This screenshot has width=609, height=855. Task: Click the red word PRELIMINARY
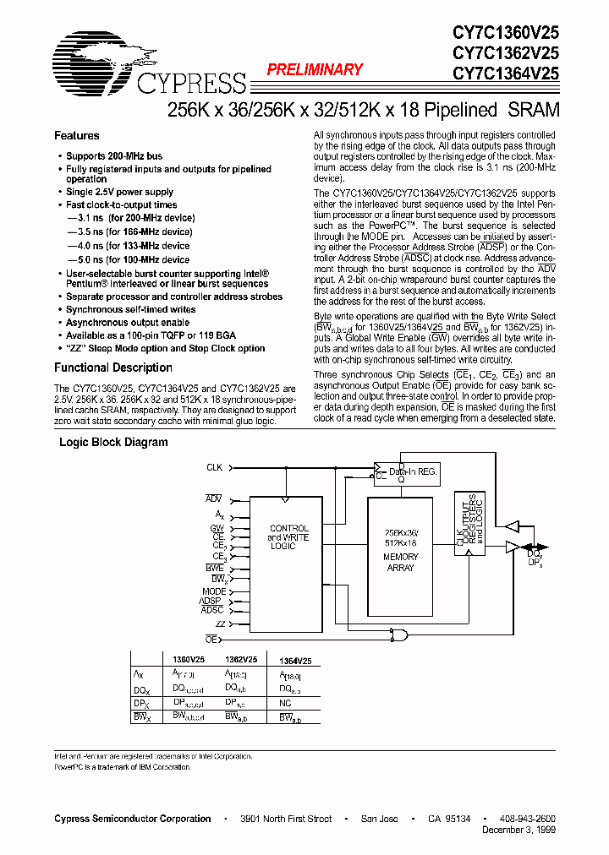[315, 70]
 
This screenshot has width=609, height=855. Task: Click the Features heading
[77, 136]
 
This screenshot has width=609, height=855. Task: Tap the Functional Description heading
[113, 368]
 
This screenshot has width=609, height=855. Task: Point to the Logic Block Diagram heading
[113, 443]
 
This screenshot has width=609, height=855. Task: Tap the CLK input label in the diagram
[215, 467]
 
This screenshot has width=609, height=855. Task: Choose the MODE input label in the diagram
[214, 591]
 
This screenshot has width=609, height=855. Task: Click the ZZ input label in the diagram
[220, 624]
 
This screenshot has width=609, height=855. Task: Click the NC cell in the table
[284, 703]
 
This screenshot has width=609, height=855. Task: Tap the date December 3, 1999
[517, 830]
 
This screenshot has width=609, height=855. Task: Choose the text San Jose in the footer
[380, 819]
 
